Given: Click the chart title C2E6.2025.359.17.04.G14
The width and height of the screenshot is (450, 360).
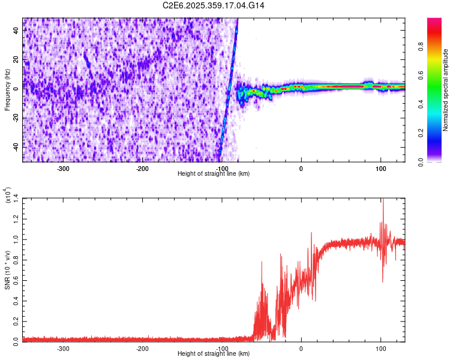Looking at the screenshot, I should click(x=214, y=5).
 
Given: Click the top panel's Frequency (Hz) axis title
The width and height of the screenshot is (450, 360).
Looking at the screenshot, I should click(x=7, y=90).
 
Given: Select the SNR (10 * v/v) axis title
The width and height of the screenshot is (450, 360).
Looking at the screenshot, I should click(x=7, y=269).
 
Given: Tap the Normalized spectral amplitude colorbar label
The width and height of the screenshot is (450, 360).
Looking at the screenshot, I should click(x=446, y=90).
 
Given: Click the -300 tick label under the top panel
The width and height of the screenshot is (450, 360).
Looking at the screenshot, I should click(x=64, y=169).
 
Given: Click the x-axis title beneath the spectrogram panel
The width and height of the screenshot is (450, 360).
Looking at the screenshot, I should click(x=214, y=174).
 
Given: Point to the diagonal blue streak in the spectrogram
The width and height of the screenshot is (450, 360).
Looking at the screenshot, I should click(x=229, y=90).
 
